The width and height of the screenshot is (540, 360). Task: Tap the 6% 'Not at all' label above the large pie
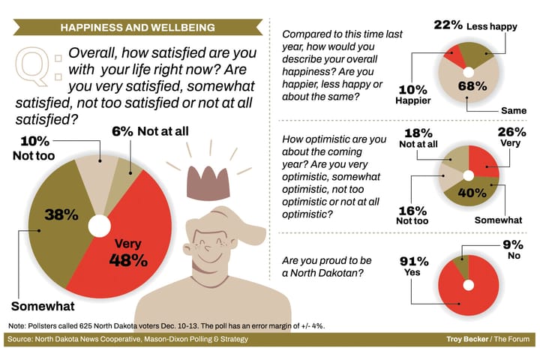pyautogui.click(x=154, y=131)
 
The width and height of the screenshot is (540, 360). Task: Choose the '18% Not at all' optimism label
pyautogui.click(x=418, y=138)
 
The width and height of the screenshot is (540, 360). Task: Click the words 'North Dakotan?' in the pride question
pyautogui.click(x=323, y=273)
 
